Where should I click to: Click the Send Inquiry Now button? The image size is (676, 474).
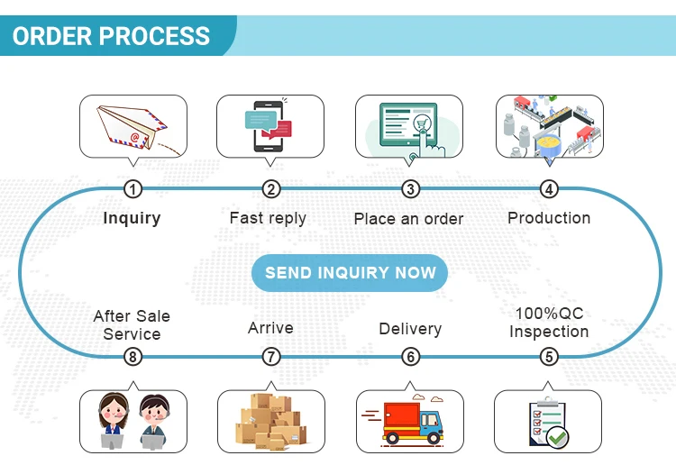[350, 272]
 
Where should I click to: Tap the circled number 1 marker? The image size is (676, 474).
[133, 188]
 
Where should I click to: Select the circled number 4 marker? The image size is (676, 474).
[549, 188]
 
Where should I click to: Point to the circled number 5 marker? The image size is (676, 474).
[549, 357]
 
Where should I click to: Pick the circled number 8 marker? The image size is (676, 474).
[133, 357]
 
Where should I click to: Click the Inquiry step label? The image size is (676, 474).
[132, 217]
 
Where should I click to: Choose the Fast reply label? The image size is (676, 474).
[268, 217]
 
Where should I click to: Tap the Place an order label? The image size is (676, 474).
[408, 218]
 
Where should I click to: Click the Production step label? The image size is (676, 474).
[549, 217]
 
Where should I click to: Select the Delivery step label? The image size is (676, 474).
[410, 328]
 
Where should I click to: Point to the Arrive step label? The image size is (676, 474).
[270, 328]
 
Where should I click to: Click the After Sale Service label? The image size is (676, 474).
[132, 324]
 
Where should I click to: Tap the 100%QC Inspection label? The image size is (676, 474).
[549, 322]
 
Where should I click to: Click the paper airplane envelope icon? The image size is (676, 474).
[132, 127]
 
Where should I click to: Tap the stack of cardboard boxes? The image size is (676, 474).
[271, 421]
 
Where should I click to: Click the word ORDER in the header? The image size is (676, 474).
[51, 36]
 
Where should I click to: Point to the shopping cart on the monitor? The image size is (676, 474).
[419, 124]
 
